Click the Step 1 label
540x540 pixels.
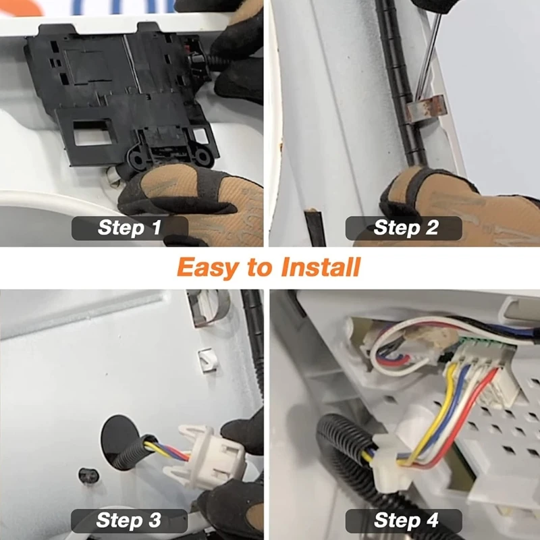tap(130, 227)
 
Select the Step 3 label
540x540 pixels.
tap(130, 520)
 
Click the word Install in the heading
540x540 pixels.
tap(317, 267)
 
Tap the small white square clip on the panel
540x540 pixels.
tap(200, 360)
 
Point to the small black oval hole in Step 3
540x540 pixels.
tap(87, 475)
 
